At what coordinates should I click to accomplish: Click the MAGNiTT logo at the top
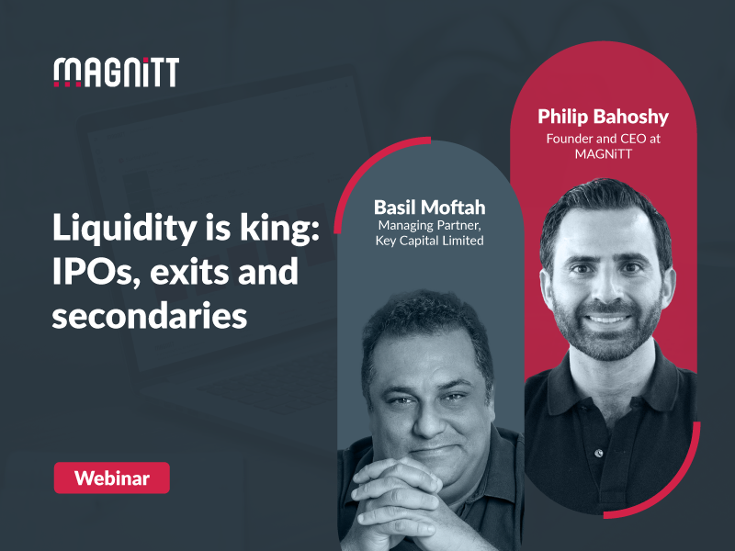(x=116, y=72)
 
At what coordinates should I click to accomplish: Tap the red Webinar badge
(x=111, y=478)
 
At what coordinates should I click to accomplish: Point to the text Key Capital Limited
(x=430, y=241)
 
